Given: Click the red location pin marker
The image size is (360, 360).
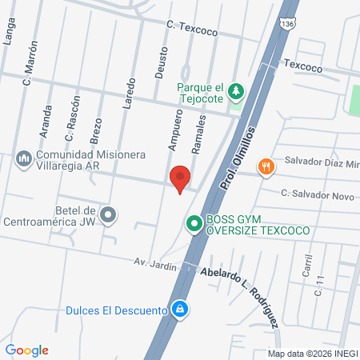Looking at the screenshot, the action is (x=180, y=178).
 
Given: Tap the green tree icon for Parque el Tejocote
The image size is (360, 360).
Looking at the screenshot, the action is (x=236, y=92).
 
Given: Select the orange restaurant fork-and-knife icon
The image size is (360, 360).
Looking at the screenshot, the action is (x=266, y=166).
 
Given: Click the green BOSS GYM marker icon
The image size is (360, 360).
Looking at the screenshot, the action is (x=194, y=225).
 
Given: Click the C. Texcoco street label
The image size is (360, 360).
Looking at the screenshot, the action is (x=191, y=30).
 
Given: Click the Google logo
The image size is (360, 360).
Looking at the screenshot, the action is (x=27, y=350).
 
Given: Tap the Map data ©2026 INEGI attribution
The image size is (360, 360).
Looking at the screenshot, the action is (x=311, y=353).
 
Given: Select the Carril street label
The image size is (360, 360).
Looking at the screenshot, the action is (x=306, y=263).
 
